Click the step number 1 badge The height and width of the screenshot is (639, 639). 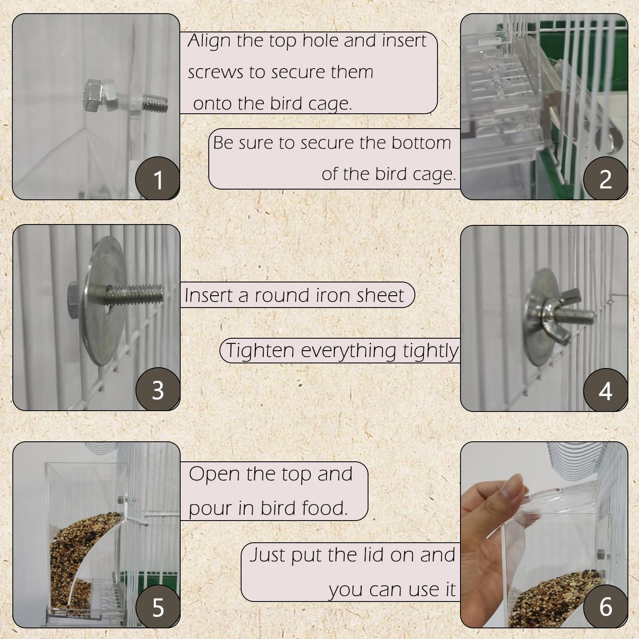157,179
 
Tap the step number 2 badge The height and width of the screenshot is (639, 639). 605,179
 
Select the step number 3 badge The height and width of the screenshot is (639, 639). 157,390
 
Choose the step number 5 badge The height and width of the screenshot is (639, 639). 157,607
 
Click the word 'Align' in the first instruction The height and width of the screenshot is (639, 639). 209,41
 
